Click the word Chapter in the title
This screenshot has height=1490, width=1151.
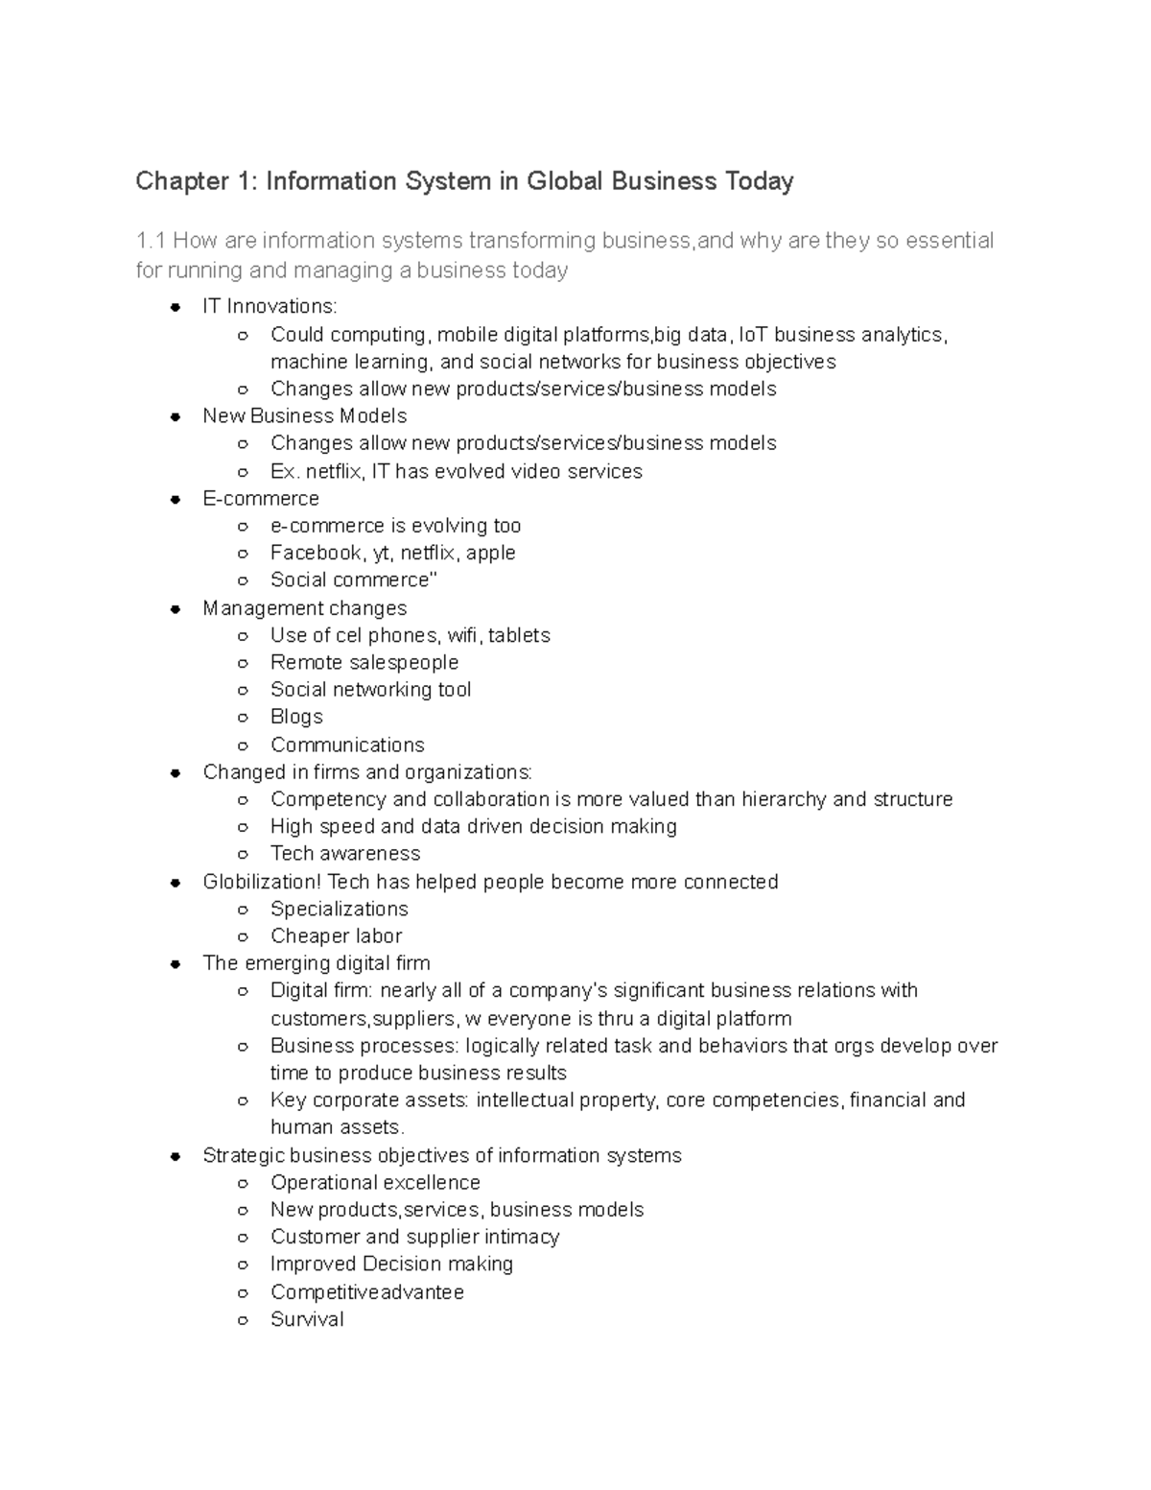[177, 181]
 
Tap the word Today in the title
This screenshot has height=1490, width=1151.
[759, 181]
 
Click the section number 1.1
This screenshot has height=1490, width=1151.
[151, 240]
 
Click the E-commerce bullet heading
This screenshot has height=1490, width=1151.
[261, 498]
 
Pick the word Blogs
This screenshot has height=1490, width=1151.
[296, 717]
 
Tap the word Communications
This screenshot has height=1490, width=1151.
[347, 745]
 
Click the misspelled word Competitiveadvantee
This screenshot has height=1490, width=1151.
[367, 1292]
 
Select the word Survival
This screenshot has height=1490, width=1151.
[307, 1319]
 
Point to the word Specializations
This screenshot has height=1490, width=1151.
[339, 909]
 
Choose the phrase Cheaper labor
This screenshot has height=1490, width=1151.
[336, 935]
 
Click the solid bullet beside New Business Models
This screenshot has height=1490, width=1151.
[176, 416]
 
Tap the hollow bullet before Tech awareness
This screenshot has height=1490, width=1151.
[243, 854]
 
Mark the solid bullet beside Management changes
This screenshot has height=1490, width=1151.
[176, 609]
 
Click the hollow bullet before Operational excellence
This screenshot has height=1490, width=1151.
[243, 1183]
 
